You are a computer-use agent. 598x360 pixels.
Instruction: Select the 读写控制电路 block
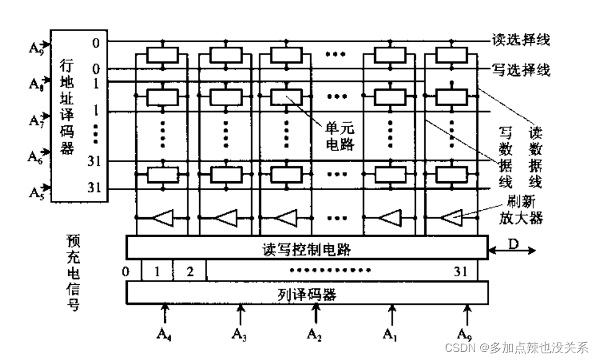point(306,248)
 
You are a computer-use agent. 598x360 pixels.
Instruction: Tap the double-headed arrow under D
point(512,251)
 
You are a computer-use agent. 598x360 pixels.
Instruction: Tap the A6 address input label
point(35,156)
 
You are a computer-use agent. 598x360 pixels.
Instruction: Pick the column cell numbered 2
point(190,271)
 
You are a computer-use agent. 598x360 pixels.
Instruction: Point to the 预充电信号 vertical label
point(73,272)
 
